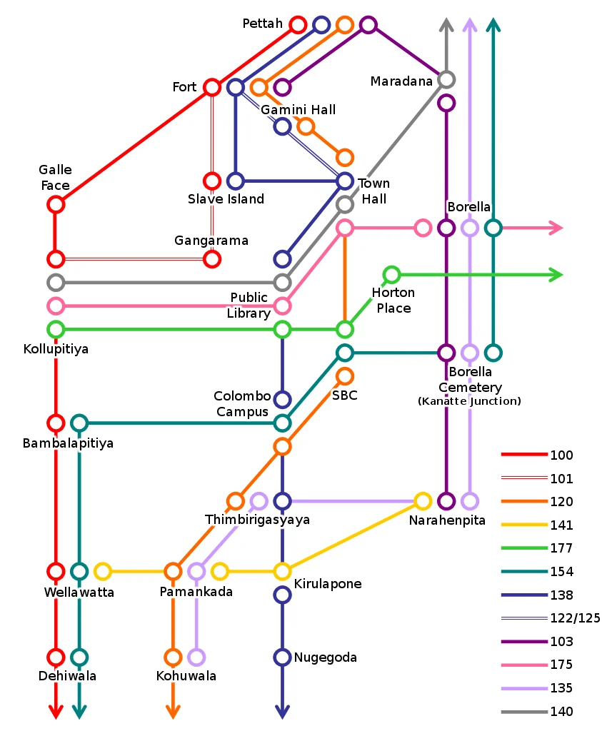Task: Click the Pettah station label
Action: click(262, 24)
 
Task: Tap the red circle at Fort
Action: click(212, 87)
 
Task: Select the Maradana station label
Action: click(401, 81)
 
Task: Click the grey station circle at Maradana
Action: click(446, 79)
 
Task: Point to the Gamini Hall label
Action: click(298, 110)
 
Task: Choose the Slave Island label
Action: click(226, 199)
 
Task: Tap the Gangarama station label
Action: click(211, 241)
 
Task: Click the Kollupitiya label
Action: click(56, 350)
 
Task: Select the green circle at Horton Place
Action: click(391, 274)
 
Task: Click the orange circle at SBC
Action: click(345, 375)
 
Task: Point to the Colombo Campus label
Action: click(243, 404)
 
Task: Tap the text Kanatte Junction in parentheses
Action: click(469, 401)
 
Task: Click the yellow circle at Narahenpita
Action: click(423, 501)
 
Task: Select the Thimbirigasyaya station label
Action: click(257, 520)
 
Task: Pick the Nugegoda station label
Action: click(325, 657)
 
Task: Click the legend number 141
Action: click(561, 525)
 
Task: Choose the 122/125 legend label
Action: click(571, 618)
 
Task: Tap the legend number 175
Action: click(561, 665)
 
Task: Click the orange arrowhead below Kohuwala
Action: click(173, 712)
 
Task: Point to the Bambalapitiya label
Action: click(68, 443)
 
